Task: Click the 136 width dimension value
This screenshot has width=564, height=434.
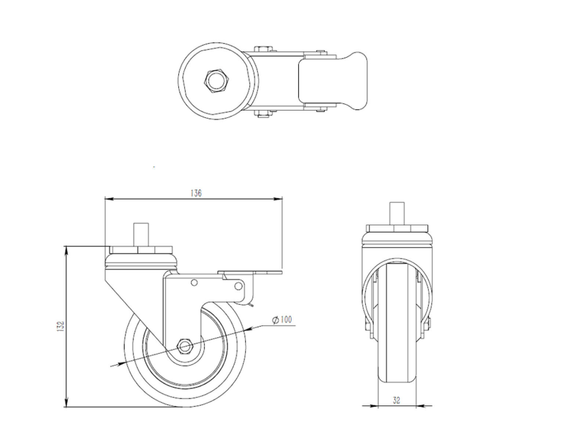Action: [x=196, y=193]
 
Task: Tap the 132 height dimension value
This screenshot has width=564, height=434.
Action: [x=60, y=326]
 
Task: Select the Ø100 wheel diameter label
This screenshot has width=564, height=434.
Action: [x=282, y=319]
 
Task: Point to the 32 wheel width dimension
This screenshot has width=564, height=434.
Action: [x=396, y=400]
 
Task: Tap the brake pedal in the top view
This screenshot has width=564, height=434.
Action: [x=333, y=80]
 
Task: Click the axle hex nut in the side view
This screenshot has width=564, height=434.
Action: [x=185, y=347]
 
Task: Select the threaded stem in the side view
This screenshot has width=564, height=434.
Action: [x=141, y=235]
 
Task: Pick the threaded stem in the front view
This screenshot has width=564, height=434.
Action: [x=397, y=213]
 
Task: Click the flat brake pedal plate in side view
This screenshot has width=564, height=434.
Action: [x=250, y=272]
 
